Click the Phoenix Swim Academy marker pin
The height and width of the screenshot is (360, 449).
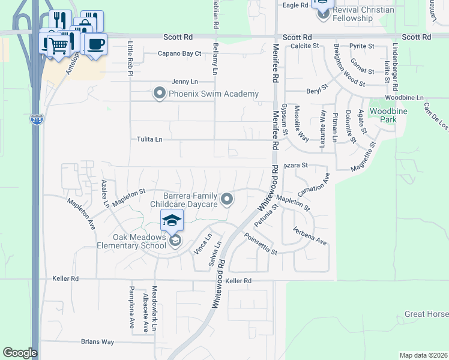tap(159, 94)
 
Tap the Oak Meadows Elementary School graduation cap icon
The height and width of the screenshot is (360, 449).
tap(172, 220)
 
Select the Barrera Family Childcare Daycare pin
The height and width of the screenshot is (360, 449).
tap(227, 199)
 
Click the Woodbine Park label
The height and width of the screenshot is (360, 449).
tap(384, 115)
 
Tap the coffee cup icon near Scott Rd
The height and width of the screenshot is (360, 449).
tap(95, 43)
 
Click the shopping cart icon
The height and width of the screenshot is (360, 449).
tap(58, 44)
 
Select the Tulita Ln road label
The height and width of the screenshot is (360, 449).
tap(150, 139)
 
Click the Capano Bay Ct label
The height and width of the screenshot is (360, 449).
tap(179, 53)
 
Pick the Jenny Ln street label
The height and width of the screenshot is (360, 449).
tap(184, 82)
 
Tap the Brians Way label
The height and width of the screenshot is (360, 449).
tap(97, 341)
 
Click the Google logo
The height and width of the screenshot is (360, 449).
tap(20, 353)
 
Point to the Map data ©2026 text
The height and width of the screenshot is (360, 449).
tap(423, 355)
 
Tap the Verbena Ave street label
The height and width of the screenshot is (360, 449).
tap(310, 236)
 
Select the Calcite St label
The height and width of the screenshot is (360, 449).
tap(304, 46)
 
